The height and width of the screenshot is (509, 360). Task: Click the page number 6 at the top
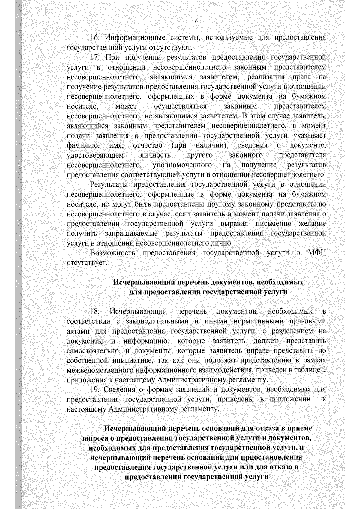[196, 22]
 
